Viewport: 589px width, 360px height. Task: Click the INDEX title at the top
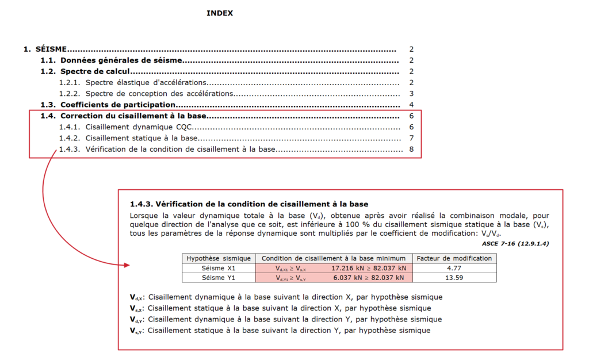(x=220, y=13)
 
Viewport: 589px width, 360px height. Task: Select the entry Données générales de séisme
(x=121, y=60)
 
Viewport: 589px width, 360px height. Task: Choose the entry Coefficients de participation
(x=117, y=105)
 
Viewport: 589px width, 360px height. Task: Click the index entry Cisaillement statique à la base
(x=141, y=138)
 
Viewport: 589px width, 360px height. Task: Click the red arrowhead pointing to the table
(x=127, y=265)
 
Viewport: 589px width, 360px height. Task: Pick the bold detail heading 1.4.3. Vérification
(x=249, y=204)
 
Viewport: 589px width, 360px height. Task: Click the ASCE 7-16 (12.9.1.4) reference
(x=515, y=244)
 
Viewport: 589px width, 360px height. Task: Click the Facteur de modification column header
(x=454, y=258)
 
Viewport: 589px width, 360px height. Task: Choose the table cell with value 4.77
(x=454, y=268)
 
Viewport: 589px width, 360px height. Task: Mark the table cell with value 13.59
(x=454, y=278)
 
